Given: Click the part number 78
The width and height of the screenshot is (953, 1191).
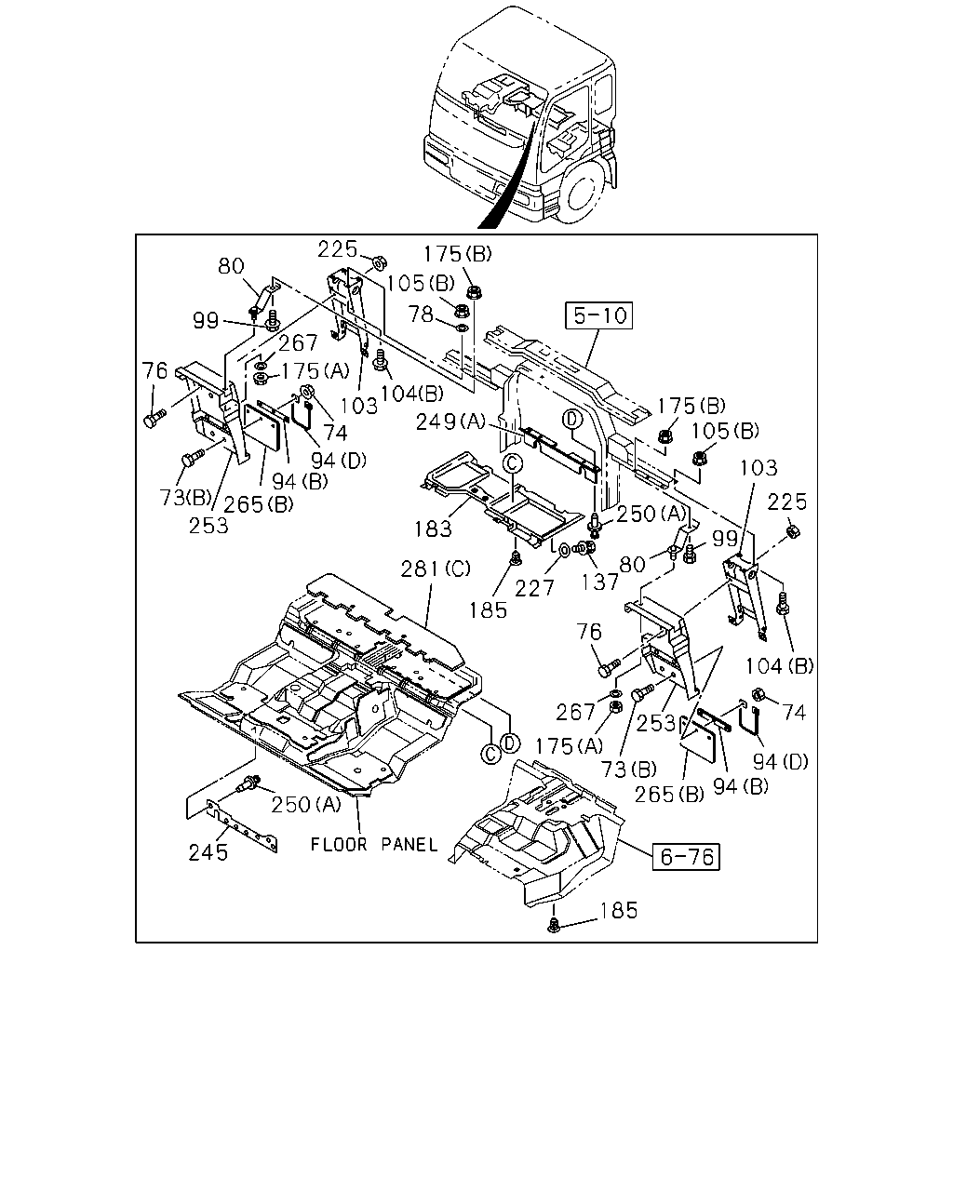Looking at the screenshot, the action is pyautogui.click(x=421, y=314).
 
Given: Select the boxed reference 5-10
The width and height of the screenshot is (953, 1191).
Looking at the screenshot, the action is pyautogui.click(x=599, y=315).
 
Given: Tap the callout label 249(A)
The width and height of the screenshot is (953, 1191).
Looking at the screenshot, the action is pyautogui.click(x=450, y=422).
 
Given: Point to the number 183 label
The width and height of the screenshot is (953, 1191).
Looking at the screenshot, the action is pyautogui.click(x=433, y=529).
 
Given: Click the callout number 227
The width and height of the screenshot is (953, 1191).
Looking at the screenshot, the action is pyautogui.click(x=534, y=589).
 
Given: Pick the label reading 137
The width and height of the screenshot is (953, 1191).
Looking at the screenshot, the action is pyautogui.click(x=599, y=582).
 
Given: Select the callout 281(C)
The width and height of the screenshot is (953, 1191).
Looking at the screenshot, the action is pyautogui.click(x=436, y=569).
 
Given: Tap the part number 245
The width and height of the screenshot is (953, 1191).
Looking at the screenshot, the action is pyautogui.click(x=208, y=853).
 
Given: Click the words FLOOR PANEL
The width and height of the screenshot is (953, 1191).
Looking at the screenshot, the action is pyautogui.click(x=374, y=845).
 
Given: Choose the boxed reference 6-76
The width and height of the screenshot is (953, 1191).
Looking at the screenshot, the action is pyautogui.click(x=686, y=857).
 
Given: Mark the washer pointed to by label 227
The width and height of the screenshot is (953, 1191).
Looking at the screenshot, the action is pyautogui.click(x=564, y=551).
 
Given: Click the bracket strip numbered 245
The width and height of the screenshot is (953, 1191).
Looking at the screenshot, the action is pyautogui.click(x=241, y=825).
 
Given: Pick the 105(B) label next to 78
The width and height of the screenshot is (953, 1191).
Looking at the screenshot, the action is pyautogui.click(x=420, y=284).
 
